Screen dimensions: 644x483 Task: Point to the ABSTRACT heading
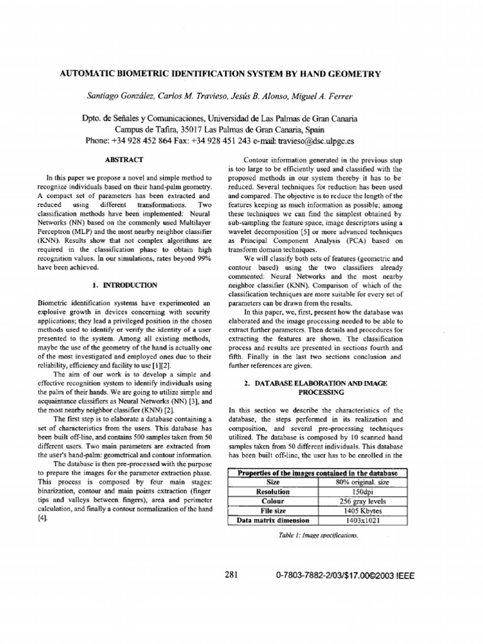click(127, 160)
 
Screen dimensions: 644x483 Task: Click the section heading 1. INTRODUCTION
click(127, 285)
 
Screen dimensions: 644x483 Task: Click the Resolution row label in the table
click(272, 491)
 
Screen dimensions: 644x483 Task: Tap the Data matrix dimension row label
click(272, 520)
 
